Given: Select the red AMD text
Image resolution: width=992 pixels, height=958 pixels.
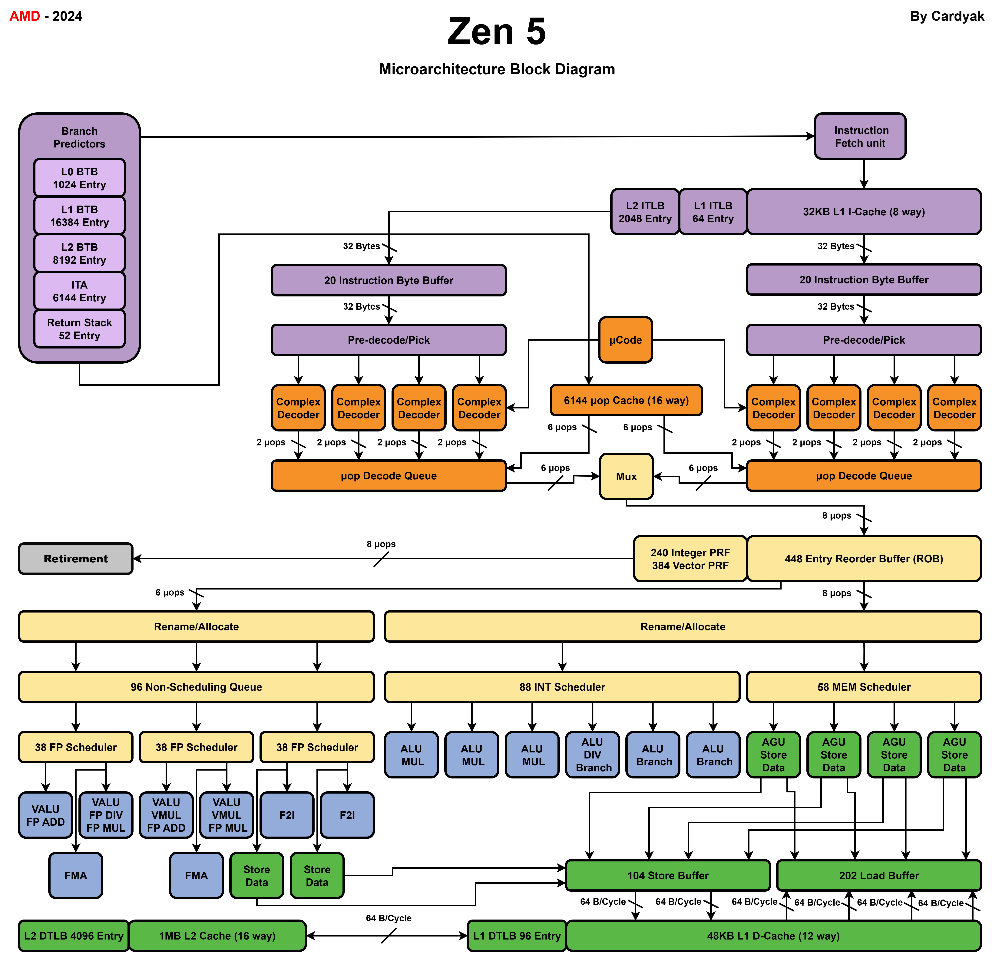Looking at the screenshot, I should pyautogui.click(x=24, y=16).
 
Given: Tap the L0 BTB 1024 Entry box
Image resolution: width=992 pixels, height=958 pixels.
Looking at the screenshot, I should pyautogui.click(x=79, y=178).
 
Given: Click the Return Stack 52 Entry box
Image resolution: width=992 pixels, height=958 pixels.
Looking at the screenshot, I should pyautogui.click(x=79, y=329).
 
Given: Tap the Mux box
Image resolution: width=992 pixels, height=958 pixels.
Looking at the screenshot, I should pyautogui.click(x=626, y=476).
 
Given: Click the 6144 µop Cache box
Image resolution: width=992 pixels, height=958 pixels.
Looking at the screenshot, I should pyautogui.click(x=626, y=400).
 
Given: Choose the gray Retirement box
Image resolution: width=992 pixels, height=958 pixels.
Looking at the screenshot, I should pyautogui.click(x=76, y=559).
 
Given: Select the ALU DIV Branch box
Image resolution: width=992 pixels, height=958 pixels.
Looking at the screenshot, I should pyautogui.click(x=592, y=755).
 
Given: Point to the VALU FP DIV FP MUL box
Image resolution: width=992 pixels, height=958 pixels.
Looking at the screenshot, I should pyautogui.click(x=106, y=815).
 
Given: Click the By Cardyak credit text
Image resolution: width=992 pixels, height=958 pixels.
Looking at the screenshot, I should pyautogui.click(x=946, y=16).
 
